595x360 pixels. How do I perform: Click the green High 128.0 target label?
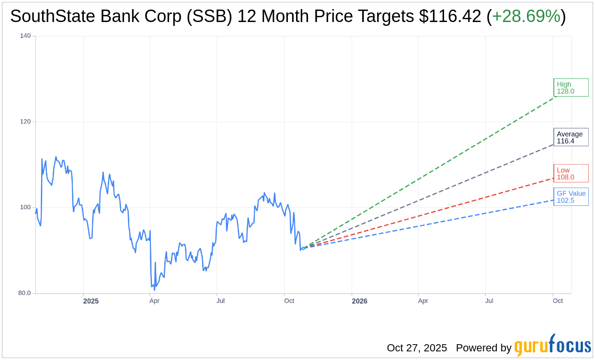(571, 88)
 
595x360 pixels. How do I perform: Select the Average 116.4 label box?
(571, 137)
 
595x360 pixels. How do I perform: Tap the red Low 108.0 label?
(571, 173)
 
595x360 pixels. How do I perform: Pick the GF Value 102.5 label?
(571, 197)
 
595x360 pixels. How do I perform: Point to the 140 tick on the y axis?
(25, 36)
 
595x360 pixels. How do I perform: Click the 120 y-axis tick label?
(25, 122)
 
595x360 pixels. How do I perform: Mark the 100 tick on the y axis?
(25, 207)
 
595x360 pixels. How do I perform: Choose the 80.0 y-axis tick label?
(24, 293)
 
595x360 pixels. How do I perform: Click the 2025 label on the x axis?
(91, 301)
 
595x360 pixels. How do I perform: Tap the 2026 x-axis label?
(359, 301)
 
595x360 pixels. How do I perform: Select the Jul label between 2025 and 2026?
(220, 301)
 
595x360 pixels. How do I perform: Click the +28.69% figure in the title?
(526, 17)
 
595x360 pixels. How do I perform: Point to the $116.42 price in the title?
(450, 17)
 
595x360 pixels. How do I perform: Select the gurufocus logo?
(552, 346)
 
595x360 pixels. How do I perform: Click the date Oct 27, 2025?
(417, 348)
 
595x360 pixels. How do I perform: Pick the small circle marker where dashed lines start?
(303, 248)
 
